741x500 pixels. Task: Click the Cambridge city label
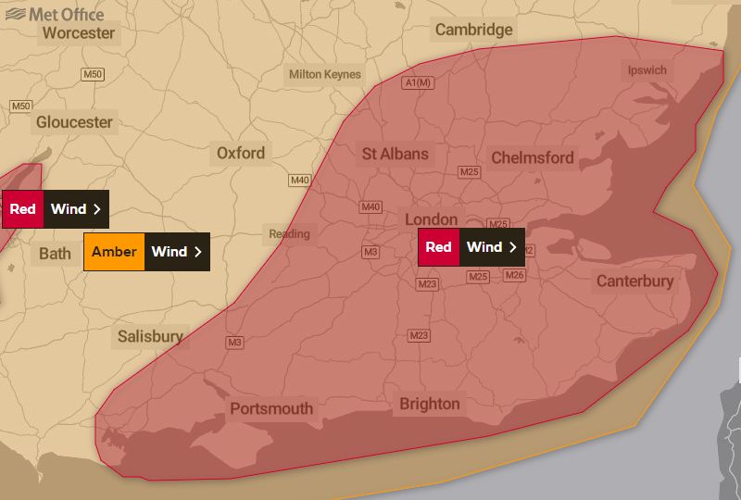(473, 30)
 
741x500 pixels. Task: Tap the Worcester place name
(79, 33)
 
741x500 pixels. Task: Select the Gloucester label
(74, 122)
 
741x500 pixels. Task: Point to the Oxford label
(241, 153)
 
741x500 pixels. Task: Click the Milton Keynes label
(324, 74)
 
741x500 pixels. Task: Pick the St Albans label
(396, 154)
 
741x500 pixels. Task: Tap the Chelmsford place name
(533, 157)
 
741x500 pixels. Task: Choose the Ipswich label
(647, 70)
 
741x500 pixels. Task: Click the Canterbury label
(634, 281)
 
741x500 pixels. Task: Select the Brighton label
(429, 404)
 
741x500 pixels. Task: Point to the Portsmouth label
(271, 408)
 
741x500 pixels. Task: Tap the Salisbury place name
(150, 336)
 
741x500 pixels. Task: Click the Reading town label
(289, 233)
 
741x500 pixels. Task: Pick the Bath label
(55, 253)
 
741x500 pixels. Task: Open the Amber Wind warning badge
(146, 252)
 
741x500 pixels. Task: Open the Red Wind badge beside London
(471, 247)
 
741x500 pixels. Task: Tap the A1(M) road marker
(418, 83)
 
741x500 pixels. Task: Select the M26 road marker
(515, 275)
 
